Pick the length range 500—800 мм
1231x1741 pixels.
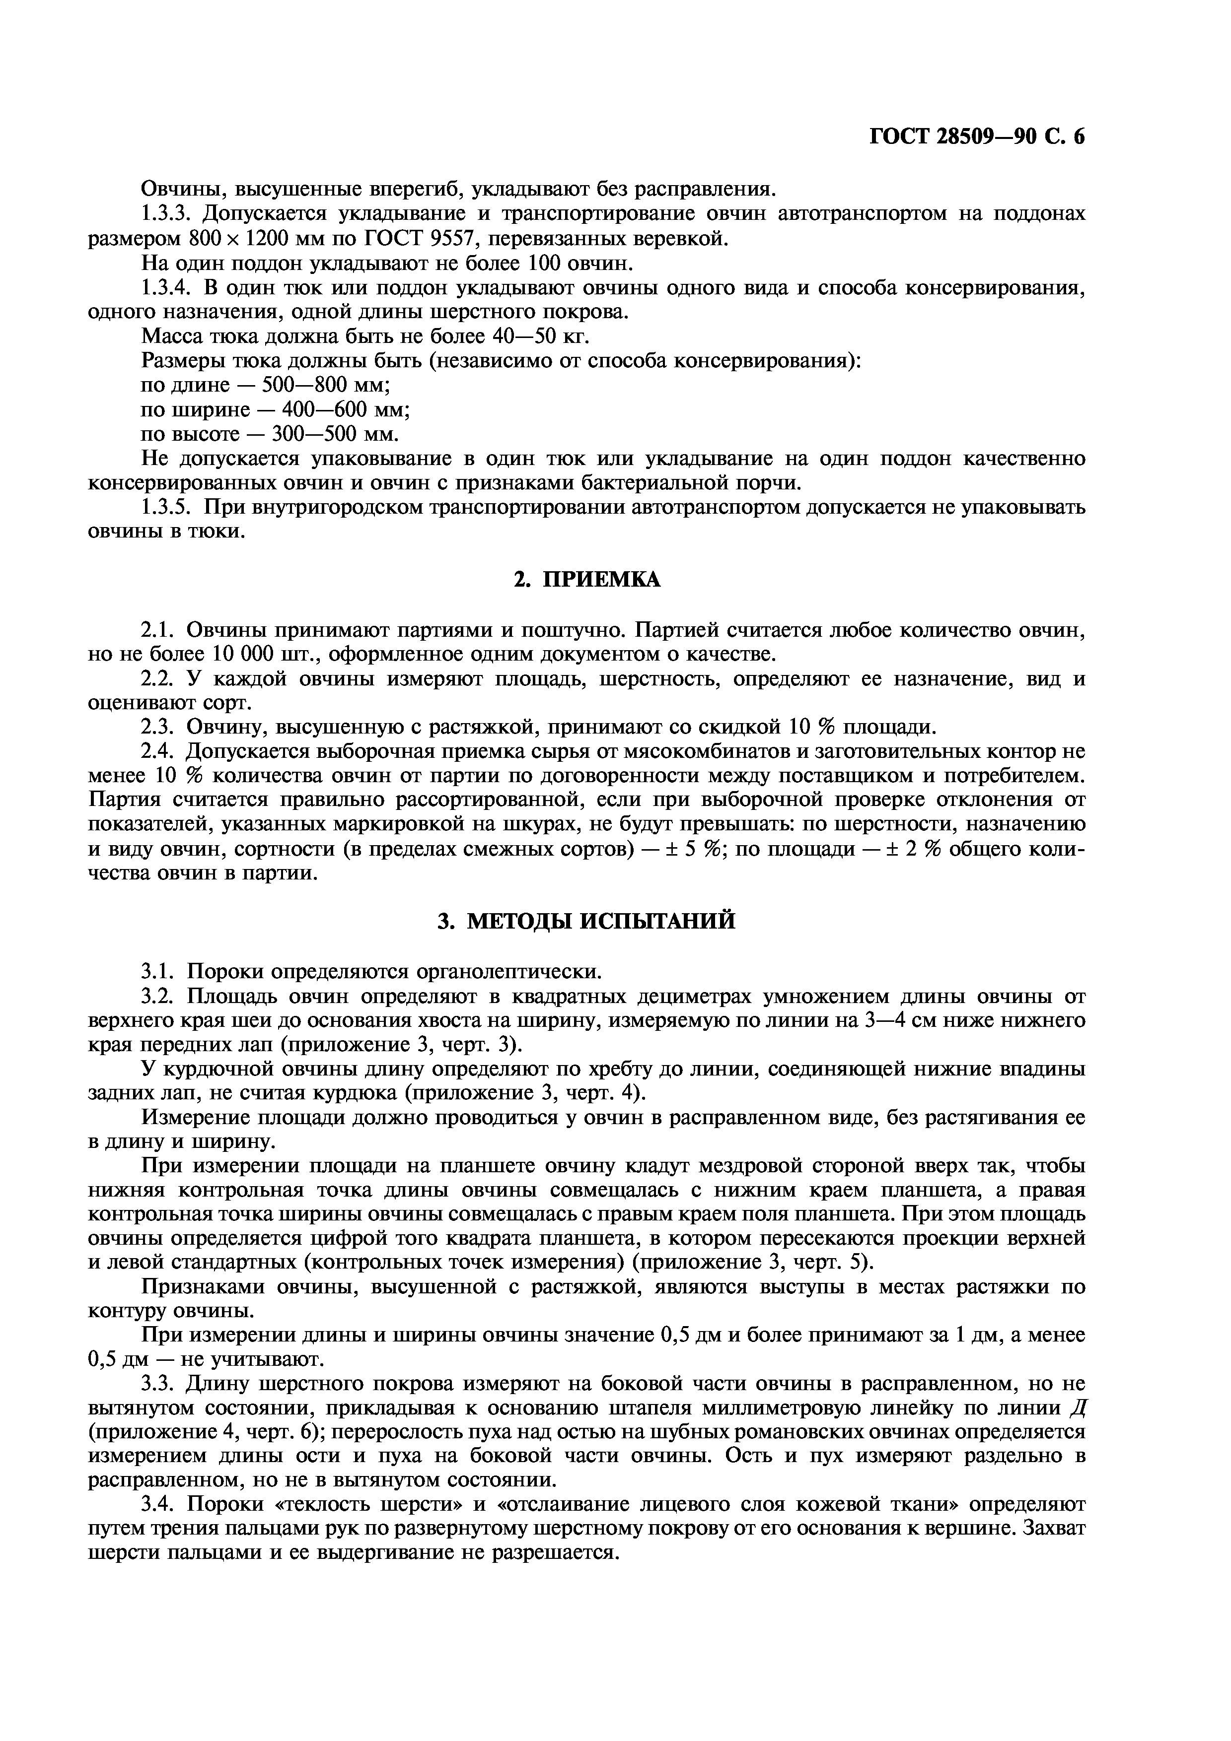click(325, 385)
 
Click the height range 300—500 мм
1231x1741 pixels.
click(335, 434)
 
